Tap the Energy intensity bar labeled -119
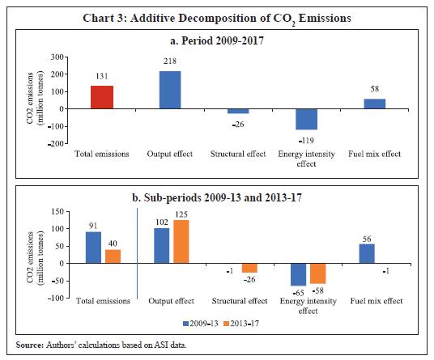306,119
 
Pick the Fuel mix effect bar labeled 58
375,104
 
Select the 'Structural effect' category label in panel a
238,154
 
